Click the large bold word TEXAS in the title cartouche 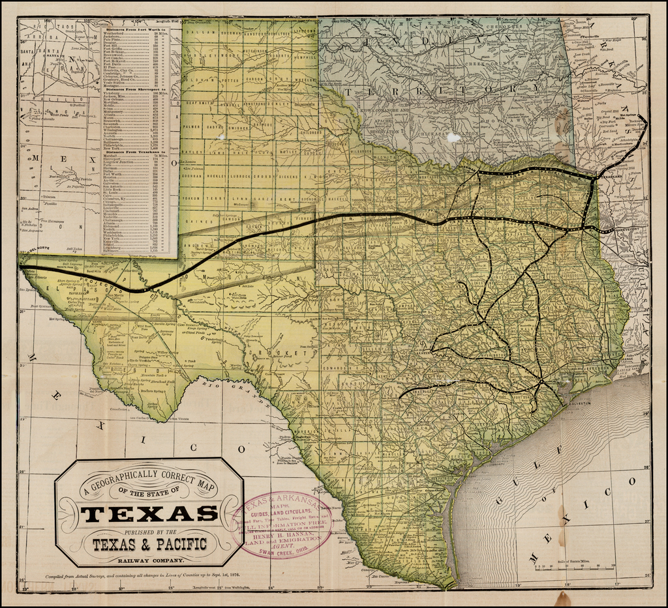click(x=149, y=514)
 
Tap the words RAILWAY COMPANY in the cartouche click(x=149, y=560)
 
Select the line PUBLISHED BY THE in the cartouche click(x=149, y=530)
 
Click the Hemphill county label click(x=304, y=56)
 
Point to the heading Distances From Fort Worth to click(x=135, y=30)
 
